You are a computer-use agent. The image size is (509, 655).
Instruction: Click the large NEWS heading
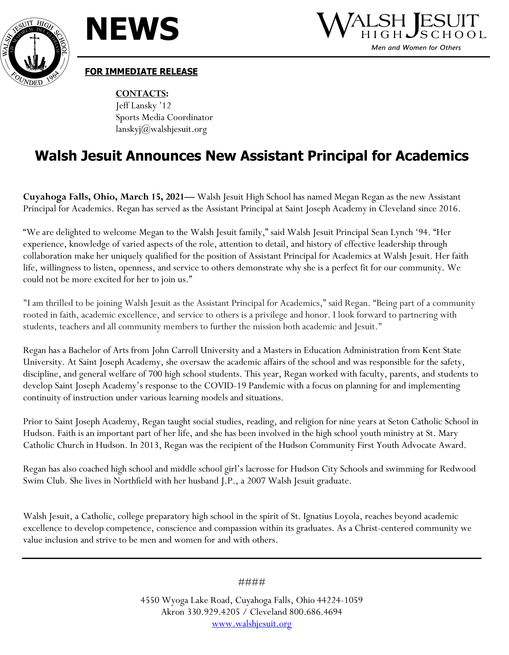(132, 29)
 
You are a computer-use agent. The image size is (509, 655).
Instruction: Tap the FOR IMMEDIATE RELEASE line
(141, 72)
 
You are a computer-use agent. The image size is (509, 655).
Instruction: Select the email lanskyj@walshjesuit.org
(161, 129)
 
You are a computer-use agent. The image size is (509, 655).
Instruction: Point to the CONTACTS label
(142, 93)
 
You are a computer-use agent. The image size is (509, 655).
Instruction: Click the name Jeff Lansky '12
(143, 106)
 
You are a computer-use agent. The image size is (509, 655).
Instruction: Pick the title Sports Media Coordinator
(164, 117)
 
